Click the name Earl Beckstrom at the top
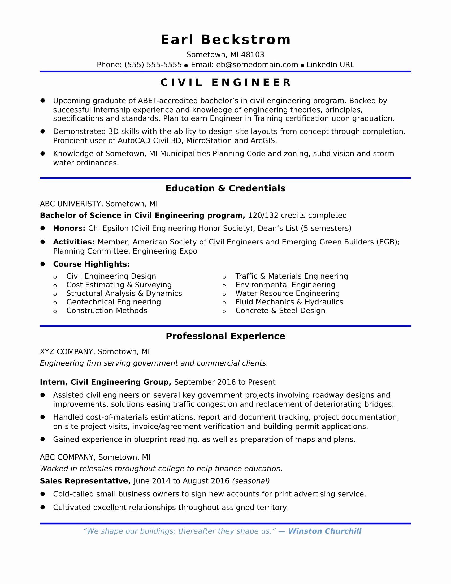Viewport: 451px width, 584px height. (226, 40)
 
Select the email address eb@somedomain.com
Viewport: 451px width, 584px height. (257, 65)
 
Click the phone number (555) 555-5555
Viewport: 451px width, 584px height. (153, 65)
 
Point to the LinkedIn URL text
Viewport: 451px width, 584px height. (330, 65)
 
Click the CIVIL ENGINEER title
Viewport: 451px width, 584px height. (226, 82)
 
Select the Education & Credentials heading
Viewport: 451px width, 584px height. (226, 188)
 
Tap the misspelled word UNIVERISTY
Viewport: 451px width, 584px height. (79, 204)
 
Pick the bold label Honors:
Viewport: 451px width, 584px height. (69, 228)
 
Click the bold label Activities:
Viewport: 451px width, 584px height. (74, 242)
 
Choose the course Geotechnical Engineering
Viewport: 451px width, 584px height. (114, 302)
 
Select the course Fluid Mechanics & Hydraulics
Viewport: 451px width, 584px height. (289, 302)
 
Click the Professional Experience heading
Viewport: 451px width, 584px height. (226, 336)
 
